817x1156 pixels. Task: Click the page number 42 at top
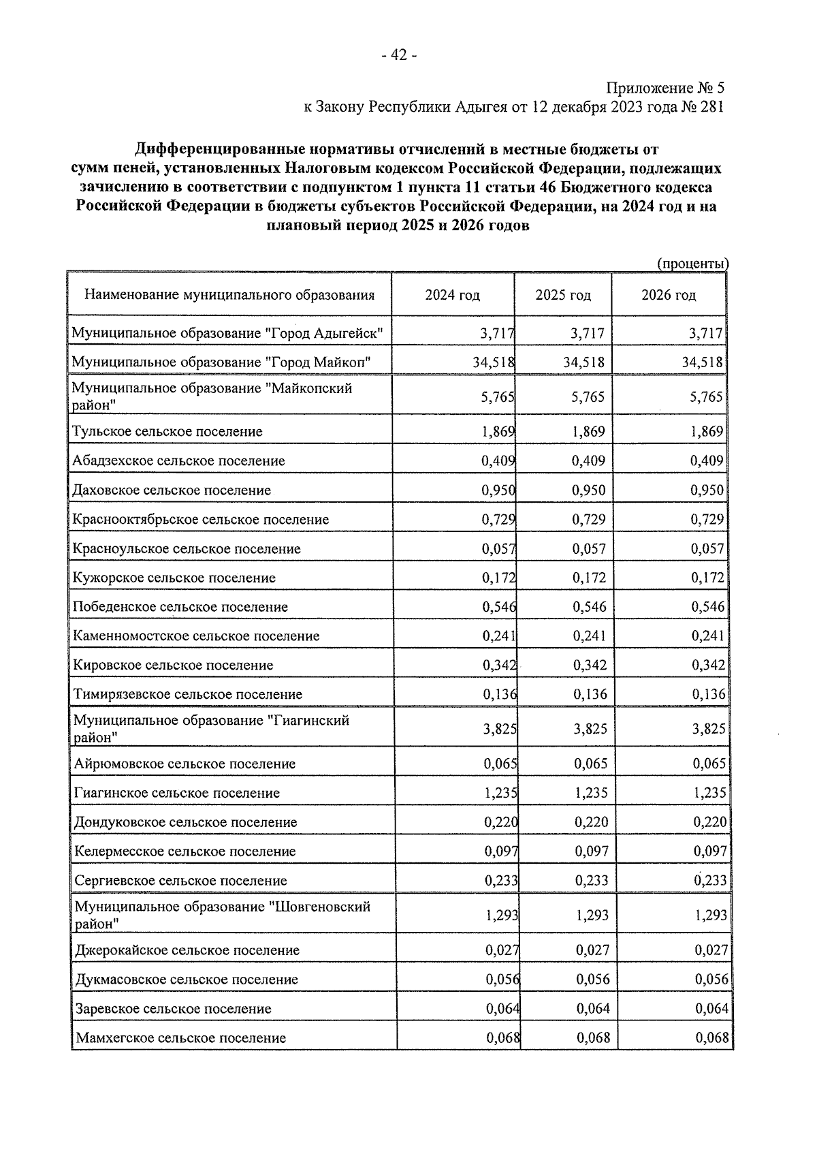point(399,55)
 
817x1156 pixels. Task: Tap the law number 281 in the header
point(711,107)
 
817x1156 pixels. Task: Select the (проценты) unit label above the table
point(692,264)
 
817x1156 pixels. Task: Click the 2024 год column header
point(452,295)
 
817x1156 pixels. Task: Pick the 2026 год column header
point(668,295)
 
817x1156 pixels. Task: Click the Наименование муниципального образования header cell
point(229,295)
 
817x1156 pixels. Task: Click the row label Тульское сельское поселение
point(167,431)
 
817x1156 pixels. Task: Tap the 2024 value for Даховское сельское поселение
point(498,490)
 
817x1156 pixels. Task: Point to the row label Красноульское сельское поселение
point(187,548)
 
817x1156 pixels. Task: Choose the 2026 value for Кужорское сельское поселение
point(707,578)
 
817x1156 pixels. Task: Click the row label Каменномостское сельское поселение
point(196,636)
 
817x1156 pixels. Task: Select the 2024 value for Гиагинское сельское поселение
point(500,793)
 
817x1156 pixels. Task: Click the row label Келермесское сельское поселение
point(185,852)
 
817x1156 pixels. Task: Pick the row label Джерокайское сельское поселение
point(187,950)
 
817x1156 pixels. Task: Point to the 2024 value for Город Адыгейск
point(496,334)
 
